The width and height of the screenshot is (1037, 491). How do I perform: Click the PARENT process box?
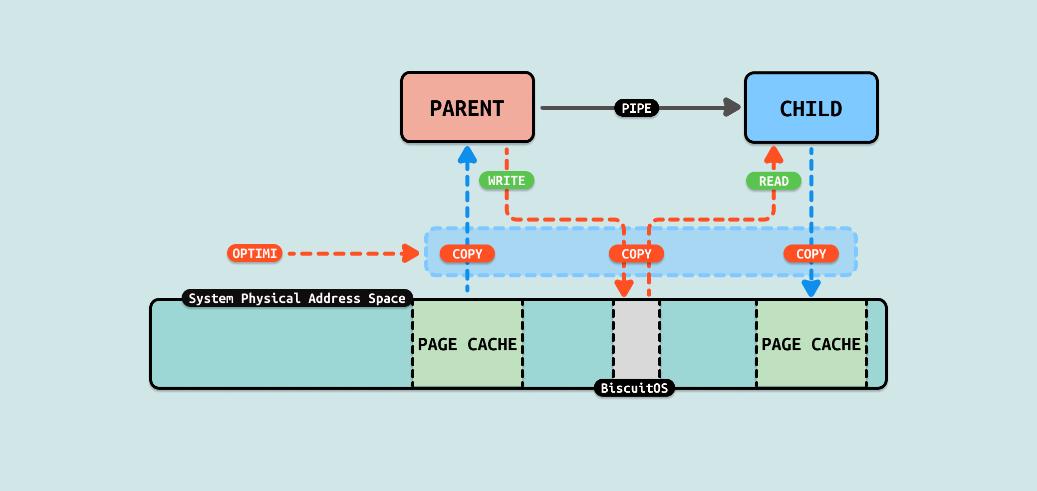pos(467,108)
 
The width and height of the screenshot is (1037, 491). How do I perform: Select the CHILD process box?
pos(811,108)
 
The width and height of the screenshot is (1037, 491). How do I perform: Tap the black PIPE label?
pos(636,108)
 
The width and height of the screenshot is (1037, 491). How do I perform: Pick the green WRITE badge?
pos(507,181)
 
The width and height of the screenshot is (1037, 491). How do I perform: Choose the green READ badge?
pos(774,181)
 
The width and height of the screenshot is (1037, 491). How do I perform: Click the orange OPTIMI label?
pos(255,253)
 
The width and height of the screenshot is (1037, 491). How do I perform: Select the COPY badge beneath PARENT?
pos(467,253)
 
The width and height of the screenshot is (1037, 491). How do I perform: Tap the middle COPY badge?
pos(636,253)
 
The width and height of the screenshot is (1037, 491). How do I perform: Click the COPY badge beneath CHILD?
pos(811,253)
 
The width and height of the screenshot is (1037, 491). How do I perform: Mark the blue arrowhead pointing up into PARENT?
pos(467,155)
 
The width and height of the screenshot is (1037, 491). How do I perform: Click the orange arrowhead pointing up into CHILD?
pos(774,155)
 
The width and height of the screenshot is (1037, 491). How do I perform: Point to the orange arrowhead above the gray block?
pos(624,288)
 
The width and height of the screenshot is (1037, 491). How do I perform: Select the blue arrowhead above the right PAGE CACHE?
pos(811,288)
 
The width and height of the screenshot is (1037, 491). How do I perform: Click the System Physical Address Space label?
pos(297,298)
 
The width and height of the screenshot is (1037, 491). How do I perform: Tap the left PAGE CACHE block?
pos(467,344)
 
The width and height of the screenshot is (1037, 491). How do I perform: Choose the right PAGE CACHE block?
pos(811,344)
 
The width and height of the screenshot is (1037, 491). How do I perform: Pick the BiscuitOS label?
pos(634,388)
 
